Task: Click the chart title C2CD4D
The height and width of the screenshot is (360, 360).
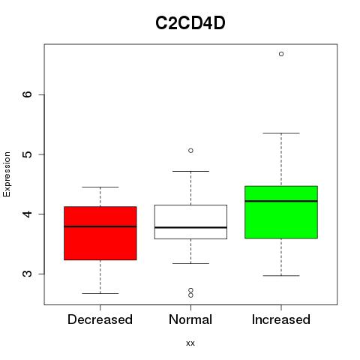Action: coord(190,23)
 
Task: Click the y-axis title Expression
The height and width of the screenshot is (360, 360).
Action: coord(7,174)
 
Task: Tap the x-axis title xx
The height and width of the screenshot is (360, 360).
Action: coord(190,343)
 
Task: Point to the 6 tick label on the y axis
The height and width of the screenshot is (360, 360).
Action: coord(27,94)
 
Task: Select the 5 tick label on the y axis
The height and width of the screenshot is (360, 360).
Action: coord(27,154)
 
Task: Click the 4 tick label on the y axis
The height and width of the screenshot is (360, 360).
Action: coord(27,214)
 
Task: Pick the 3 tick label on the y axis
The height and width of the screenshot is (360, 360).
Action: coord(27,274)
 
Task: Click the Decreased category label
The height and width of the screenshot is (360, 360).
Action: coord(100,319)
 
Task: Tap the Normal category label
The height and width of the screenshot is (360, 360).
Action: coord(190,319)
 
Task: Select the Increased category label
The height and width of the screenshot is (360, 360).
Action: coord(281,319)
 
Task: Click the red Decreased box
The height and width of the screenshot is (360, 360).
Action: coord(100,233)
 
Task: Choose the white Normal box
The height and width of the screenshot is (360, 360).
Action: coord(190,222)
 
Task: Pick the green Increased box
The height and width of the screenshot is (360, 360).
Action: coord(281,212)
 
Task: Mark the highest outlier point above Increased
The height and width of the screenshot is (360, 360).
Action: coord(281,54)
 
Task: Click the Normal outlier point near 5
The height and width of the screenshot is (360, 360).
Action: coord(190,151)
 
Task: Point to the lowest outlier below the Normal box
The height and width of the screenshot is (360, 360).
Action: coord(190,295)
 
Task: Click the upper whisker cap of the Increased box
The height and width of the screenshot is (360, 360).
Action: coord(281,133)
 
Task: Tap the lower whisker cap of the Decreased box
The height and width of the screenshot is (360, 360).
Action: coord(100,293)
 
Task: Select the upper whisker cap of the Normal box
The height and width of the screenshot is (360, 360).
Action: coord(190,171)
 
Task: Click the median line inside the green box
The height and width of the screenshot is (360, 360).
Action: coord(281,201)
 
